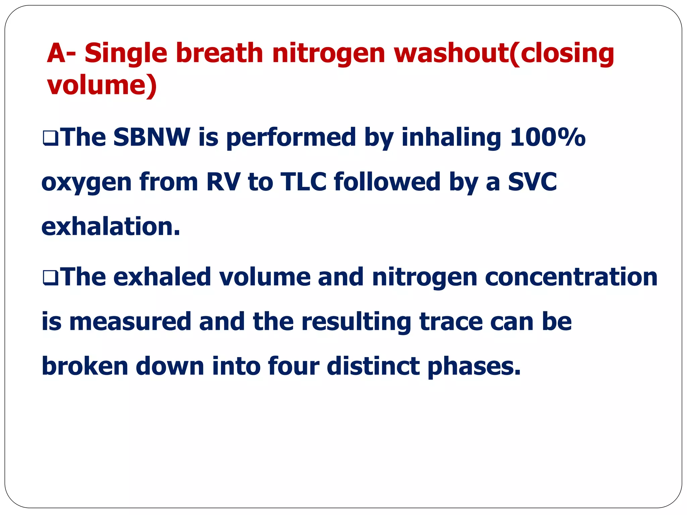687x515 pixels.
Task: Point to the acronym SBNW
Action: tap(152, 137)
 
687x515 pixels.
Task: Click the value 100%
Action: tap(547, 137)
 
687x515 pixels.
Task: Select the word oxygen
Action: tap(86, 183)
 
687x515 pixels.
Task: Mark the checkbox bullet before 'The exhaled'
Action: tap(51, 278)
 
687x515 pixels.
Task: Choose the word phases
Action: tap(474, 366)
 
